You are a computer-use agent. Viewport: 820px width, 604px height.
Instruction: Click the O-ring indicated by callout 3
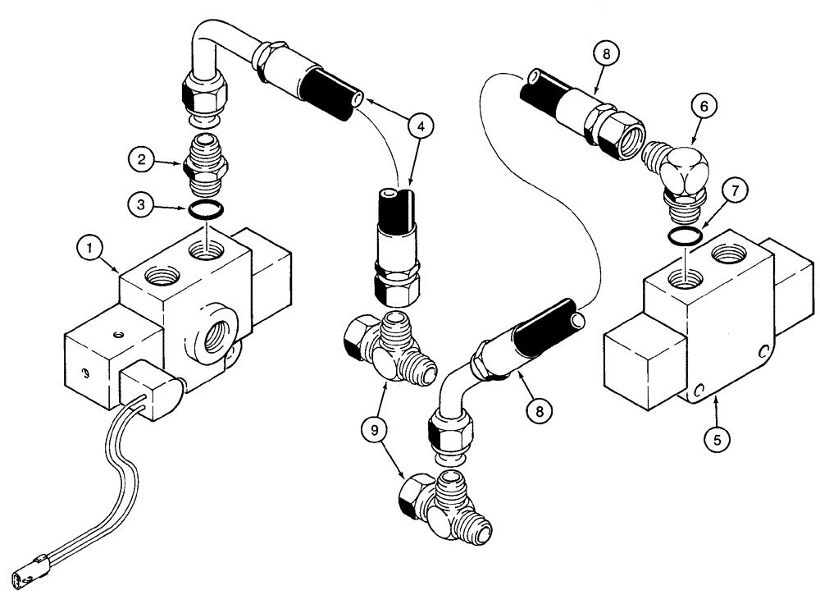click(204, 211)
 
